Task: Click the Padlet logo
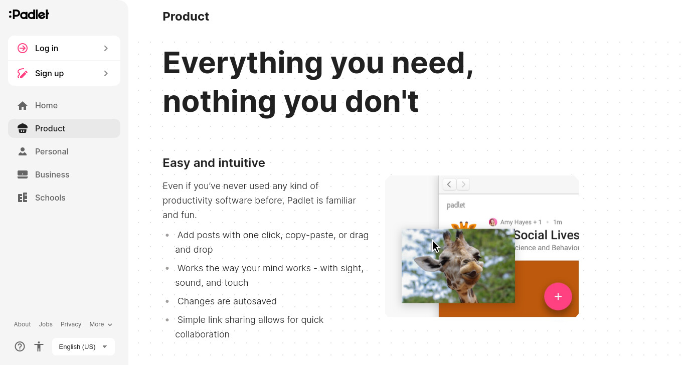[x=29, y=15]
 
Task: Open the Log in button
[x=64, y=48]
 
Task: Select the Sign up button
[x=64, y=73]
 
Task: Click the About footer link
[x=23, y=324]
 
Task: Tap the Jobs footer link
[x=46, y=324]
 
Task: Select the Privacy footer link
[x=71, y=324]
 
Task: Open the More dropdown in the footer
[x=101, y=324]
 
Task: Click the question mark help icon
[x=20, y=346]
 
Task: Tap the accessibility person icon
[x=39, y=346]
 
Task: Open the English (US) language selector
[x=83, y=346]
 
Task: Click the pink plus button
[x=558, y=296]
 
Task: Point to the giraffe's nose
[x=472, y=270]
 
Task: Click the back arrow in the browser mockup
[x=449, y=185]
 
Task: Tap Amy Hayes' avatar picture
[x=492, y=222]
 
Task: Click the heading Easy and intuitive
[x=214, y=163]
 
